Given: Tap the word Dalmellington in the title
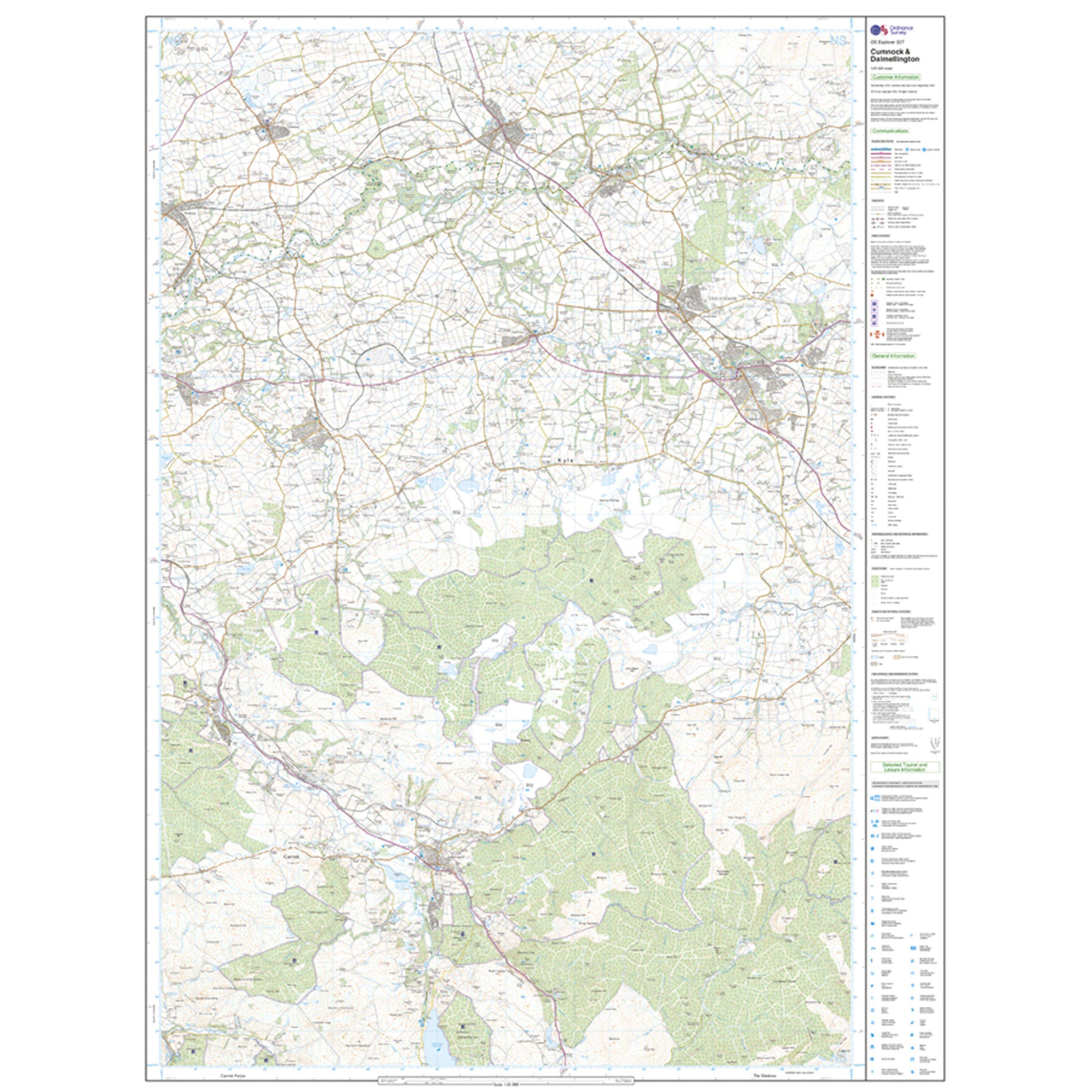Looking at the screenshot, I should click(895, 59).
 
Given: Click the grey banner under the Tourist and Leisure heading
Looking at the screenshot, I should click(905, 784).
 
